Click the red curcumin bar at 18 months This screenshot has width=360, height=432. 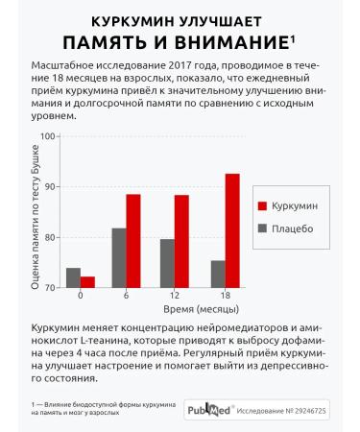tap(231, 230)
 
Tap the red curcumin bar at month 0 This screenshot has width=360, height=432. tap(88, 281)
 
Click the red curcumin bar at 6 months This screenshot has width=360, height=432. tap(133, 241)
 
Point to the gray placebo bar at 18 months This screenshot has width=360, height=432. tap(217, 274)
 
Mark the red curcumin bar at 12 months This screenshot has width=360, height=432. tap(181, 241)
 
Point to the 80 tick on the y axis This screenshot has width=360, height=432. tap(52, 237)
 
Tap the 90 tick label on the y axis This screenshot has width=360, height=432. tap(52, 186)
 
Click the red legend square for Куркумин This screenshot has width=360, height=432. tap(262, 206)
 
